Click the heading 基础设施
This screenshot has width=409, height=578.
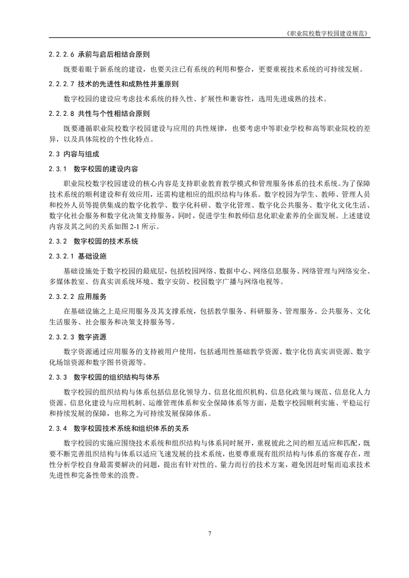point(92,256)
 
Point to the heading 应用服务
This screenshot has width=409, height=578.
point(92,297)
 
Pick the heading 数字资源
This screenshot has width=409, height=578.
point(92,337)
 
